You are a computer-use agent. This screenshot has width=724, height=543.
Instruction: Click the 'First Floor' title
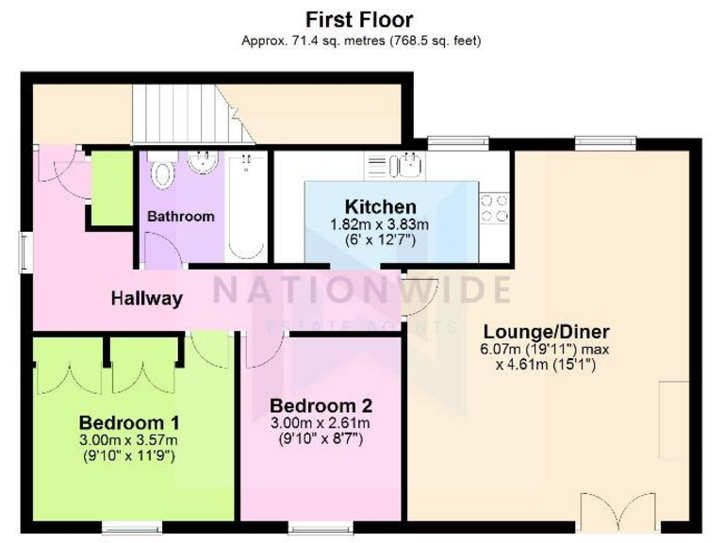(x=359, y=19)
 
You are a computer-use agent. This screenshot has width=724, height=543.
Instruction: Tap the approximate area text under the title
(x=361, y=41)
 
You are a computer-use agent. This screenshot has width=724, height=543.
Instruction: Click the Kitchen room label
(x=380, y=206)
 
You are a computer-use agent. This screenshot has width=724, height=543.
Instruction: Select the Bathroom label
(x=180, y=216)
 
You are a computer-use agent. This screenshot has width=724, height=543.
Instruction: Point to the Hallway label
(x=146, y=299)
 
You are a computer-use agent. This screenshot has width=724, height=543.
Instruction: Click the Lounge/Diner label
(x=546, y=332)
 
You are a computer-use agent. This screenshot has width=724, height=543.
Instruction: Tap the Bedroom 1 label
(x=129, y=421)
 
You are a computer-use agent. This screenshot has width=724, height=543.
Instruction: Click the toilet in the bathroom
(x=162, y=173)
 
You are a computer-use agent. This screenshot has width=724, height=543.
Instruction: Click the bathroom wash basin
(x=203, y=161)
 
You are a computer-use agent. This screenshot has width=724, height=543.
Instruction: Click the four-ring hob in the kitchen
(x=494, y=207)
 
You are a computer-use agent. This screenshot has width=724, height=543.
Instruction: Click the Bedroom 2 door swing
(x=264, y=350)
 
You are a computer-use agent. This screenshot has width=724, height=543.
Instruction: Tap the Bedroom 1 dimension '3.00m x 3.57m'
(x=129, y=440)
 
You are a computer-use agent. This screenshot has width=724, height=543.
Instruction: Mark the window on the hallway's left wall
(x=25, y=253)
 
